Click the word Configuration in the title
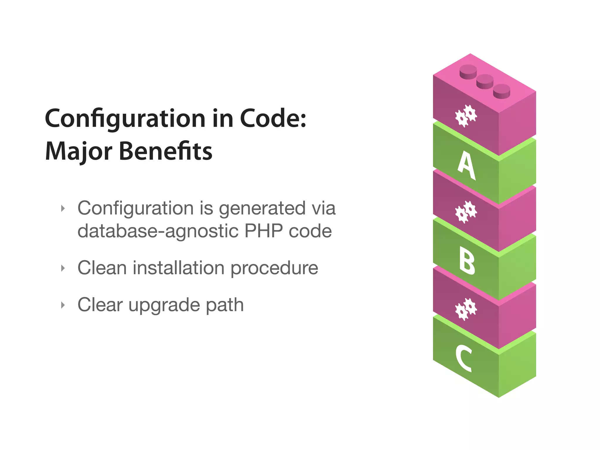point(125,119)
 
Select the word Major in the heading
point(79,152)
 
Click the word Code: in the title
point(273,118)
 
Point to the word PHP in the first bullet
point(263,231)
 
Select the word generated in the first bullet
point(262,209)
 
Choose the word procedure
point(274,268)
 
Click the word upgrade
point(164,305)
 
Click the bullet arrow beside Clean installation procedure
point(63,268)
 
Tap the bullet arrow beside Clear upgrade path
point(63,305)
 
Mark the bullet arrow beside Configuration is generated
point(63,209)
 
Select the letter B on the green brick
point(467,260)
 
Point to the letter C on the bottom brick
point(464,358)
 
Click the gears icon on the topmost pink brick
point(466,116)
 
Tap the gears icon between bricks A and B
point(466,212)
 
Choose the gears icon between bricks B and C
point(466,309)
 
